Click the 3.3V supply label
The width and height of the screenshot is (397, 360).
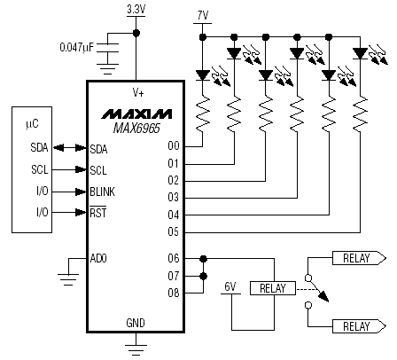(136, 10)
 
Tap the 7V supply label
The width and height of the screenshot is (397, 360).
(203, 16)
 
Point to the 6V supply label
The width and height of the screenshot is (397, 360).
(230, 286)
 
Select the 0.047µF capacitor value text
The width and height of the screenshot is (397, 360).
(77, 47)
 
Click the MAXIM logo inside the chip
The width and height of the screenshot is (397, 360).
(136, 113)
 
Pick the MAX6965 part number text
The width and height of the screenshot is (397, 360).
(136, 129)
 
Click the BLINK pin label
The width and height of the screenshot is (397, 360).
(102, 192)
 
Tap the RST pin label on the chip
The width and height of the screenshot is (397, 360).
(98, 213)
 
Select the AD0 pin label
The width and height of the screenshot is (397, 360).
(98, 258)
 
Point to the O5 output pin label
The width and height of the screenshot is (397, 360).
(174, 231)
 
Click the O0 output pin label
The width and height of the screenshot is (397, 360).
(174, 145)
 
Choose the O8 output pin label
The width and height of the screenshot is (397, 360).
(174, 293)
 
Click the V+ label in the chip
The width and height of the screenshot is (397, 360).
(138, 93)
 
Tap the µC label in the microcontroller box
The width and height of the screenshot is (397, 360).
(32, 123)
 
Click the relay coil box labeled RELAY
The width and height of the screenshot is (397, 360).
(273, 288)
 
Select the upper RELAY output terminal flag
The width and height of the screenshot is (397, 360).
(359, 258)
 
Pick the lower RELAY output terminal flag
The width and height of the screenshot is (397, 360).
(359, 326)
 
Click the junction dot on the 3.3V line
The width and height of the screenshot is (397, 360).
(136, 33)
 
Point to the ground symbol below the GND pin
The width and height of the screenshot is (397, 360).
(136, 349)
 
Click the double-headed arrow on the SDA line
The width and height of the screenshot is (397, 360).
(69, 147)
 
